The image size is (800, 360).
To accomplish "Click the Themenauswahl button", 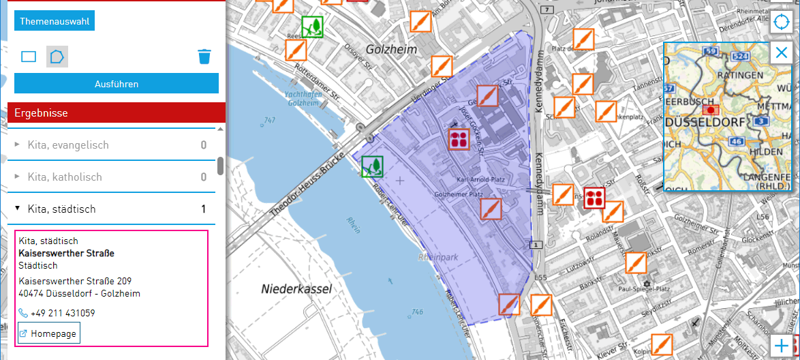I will pos(54,21).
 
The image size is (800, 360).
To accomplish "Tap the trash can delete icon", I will pos(204,56).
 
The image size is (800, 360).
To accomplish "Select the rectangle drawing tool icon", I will pos(29,57).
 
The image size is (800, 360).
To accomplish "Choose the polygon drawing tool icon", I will pos(57,57).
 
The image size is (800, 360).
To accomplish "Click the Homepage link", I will pos(49,333).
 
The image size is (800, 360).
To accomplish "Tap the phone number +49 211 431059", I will pos(63,314).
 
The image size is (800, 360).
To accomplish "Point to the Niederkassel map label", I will pos(296,289).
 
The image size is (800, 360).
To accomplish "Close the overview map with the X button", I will pos(782,53).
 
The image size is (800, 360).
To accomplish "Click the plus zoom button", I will pos(782,346).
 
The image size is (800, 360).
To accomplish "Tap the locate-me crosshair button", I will pos(782,22).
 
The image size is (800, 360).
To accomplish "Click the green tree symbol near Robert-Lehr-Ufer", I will pos(372,166).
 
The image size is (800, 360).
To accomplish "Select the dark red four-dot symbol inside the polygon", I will pos(459,140).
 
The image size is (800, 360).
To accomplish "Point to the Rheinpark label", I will pos(437,258).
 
